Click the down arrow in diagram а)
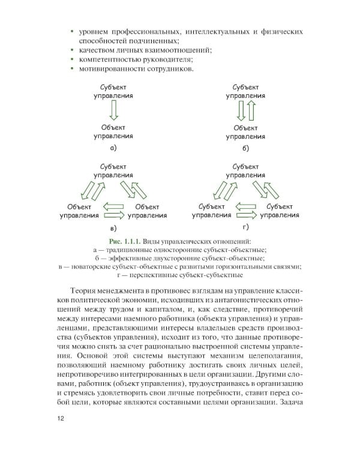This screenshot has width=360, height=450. (x=113, y=110)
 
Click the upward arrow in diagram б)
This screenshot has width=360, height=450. (x=252, y=110)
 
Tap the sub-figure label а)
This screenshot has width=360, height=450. (x=113, y=148)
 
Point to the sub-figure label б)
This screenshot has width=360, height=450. (x=246, y=148)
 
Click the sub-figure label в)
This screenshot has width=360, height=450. (x=113, y=229)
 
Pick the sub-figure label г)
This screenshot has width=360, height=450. (x=246, y=227)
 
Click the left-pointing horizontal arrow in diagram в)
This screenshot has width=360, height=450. (x=112, y=206)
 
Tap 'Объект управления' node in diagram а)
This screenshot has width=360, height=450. (x=113, y=131)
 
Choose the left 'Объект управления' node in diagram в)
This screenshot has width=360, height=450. (x=79, y=210)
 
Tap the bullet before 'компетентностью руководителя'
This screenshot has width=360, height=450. (x=72, y=60)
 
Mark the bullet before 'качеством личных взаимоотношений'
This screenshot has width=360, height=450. (x=72, y=50)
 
